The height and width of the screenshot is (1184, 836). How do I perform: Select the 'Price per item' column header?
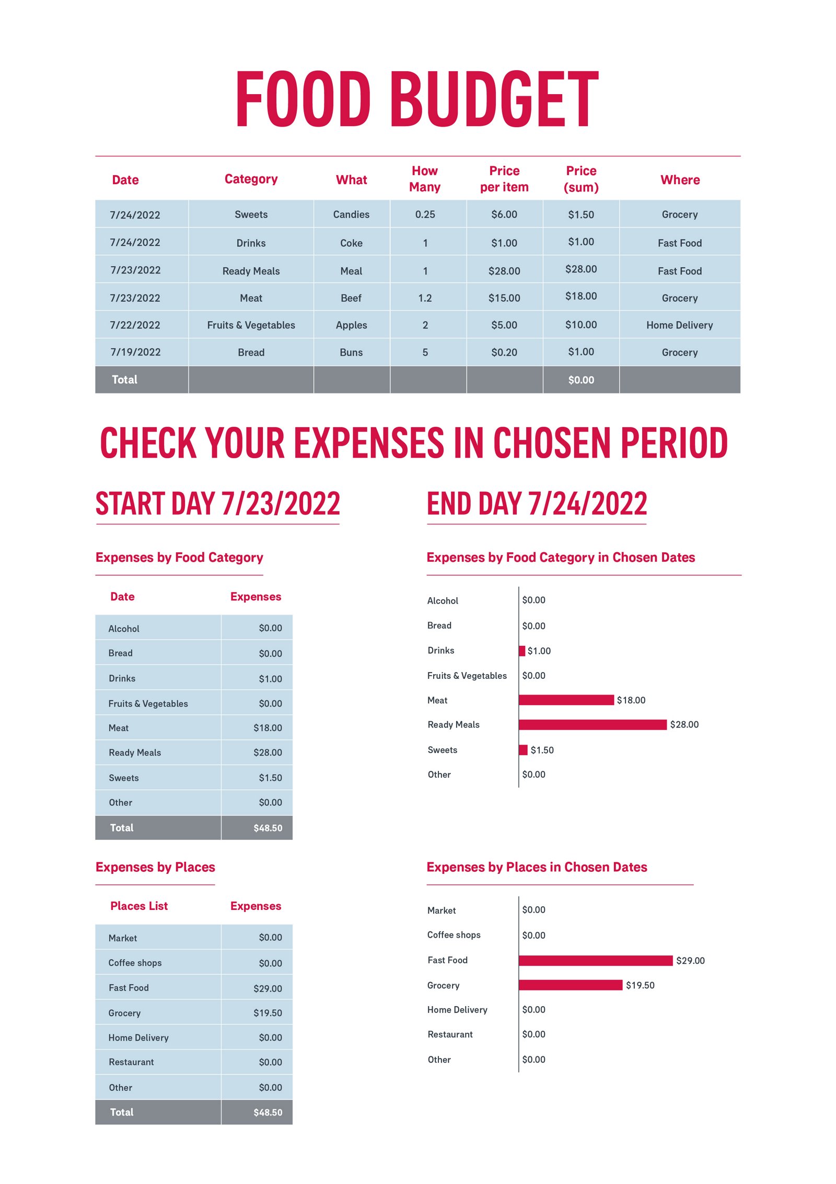coord(504,179)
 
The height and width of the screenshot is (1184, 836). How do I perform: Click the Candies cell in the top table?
coord(351,214)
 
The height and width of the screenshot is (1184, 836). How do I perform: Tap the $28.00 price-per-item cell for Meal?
coord(504,271)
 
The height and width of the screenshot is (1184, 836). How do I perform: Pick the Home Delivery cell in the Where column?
coord(679,325)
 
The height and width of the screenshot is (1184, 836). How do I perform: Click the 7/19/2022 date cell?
coord(135,352)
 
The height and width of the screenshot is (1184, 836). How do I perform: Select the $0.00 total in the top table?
coord(580,380)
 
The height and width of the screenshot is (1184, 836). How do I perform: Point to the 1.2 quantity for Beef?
coord(425,298)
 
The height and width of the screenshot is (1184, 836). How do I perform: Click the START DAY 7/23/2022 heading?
coord(217,504)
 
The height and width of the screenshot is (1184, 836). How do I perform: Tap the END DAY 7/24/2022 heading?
coord(537,504)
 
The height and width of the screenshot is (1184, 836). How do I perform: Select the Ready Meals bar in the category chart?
coord(592,724)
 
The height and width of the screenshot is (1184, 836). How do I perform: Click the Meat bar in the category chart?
coord(566,700)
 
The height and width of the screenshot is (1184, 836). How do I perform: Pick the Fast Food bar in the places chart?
coord(595,960)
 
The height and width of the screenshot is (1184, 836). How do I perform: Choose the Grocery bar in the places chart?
coord(570,985)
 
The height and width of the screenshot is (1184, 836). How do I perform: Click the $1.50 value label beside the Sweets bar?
coord(542,750)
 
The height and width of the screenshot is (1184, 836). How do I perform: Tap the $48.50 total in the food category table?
coord(268,828)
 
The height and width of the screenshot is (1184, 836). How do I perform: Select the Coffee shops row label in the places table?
coord(135,963)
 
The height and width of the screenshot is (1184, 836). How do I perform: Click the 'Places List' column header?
coord(139,906)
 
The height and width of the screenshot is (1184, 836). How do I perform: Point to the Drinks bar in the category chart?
coord(522,651)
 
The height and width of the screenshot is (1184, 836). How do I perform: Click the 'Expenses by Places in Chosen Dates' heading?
coord(537,867)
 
